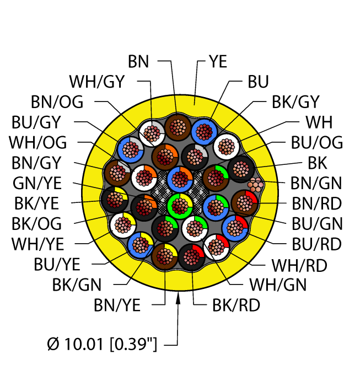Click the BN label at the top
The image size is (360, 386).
pyautogui.click(x=138, y=61)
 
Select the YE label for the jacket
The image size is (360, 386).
pyautogui.click(x=218, y=61)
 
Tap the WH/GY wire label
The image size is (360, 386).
pyautogui.click(x=97, y=82)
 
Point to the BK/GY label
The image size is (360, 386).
pyautogui.click(x=295, y=102)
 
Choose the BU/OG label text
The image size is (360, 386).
pyautogui.click(x=316, y=143)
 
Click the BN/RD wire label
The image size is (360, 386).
pyautogui.click(x=316, y=203)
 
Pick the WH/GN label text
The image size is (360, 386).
pyautogui.click(x=278, y=285)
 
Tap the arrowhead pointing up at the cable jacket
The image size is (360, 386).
pyautogui.click(x=179, y=299)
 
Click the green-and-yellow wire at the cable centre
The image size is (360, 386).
pyautogui.click(x=179, y=206)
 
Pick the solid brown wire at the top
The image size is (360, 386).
pyautogui.click(x=178, y=127)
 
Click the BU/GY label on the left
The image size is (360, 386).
pyautogui.click(x=36, y=122)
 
